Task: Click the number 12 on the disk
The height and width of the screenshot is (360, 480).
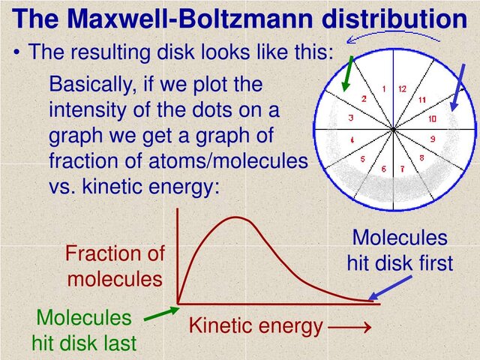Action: [x=403, y=88]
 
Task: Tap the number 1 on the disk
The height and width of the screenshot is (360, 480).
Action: [x=383, y=88]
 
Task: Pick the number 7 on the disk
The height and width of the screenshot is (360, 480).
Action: [x=400, y=169]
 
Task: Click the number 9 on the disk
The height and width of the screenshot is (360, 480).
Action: [x=433, y=139]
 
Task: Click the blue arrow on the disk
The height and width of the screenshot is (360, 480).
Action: [x=457, y=87]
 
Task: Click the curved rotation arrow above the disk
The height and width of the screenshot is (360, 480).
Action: [x=390, y=34]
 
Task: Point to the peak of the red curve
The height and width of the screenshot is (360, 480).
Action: [x=237, y=217]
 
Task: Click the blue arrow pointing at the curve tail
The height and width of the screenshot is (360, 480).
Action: [x=391, y=286]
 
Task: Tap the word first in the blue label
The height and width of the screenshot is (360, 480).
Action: [x=432, y=263]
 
